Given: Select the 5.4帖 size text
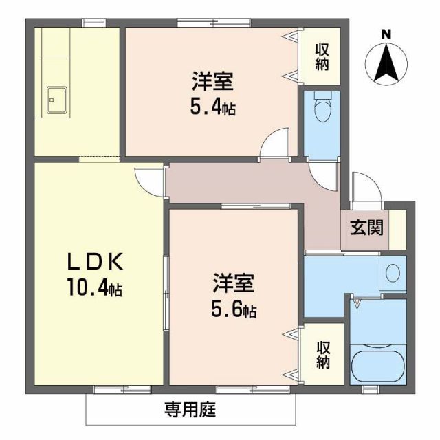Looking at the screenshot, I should coord(212,107).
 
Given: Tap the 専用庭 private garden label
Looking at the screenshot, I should coord(190,410).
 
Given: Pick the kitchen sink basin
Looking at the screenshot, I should coord(56,100).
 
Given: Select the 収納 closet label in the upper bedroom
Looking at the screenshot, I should coord(322,57).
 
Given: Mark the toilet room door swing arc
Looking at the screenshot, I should coord(322,176).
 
